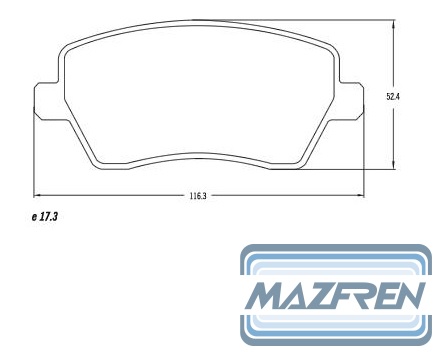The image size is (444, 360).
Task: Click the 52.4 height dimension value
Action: tap(393, 97)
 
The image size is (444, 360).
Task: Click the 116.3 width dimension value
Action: tap(198, 196)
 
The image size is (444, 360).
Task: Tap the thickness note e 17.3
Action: tap(45, 217)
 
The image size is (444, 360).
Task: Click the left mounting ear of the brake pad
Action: tap(47, 102)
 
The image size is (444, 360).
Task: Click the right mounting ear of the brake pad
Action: tap(351, 101)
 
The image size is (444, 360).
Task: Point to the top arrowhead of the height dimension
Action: tap(394, 23)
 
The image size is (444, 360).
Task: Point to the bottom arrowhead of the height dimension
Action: tap(394, 165)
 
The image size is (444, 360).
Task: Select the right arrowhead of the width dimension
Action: tap(360, 195)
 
